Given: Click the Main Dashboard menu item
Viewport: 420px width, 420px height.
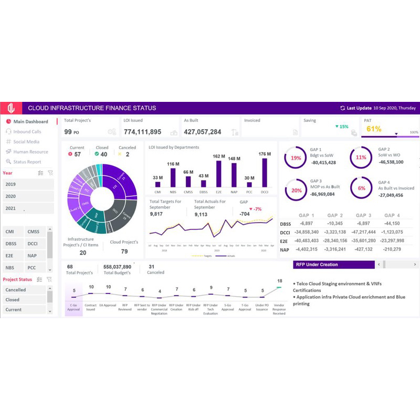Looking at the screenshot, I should click(x=30, y=122).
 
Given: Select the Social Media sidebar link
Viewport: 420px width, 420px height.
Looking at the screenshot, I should click(x=26, y=142).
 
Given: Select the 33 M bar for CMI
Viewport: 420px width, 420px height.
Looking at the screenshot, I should click(x=157, y=183).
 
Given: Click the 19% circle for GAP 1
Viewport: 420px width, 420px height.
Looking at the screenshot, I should click(x=296, y=157).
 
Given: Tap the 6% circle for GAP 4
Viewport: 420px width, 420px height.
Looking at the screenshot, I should click(x=362, y=188).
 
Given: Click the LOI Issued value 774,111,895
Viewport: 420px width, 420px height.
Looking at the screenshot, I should click(x=142, y=132).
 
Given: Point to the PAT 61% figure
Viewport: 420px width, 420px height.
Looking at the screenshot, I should click(x=374, y=129).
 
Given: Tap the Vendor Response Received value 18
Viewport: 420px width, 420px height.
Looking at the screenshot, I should click(x=280, y=281).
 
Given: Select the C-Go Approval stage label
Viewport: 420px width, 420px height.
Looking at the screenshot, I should click(x=74, y=307).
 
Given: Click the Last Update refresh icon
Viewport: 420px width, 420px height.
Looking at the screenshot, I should click(x=343, y=108).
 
